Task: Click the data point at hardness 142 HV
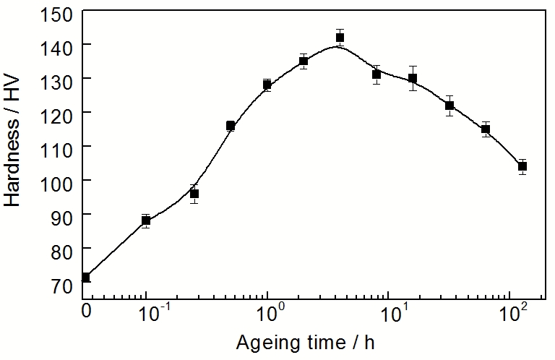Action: [x=340, y=38]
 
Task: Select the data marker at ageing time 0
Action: [x=86, y=278]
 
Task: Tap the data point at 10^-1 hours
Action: [x=146, y=220]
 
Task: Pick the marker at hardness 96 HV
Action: [x=194, y=194]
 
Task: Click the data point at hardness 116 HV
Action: [x=231, y=126]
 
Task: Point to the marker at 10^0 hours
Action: [x=267, y=85]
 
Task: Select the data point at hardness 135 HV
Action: [x=304, y=61]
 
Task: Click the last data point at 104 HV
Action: [x=522, y=166]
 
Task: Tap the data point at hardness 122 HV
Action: [x=449, y=106]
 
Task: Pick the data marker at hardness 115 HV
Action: [x=486, y=129]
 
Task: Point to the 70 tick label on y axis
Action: [x=62, y=286]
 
